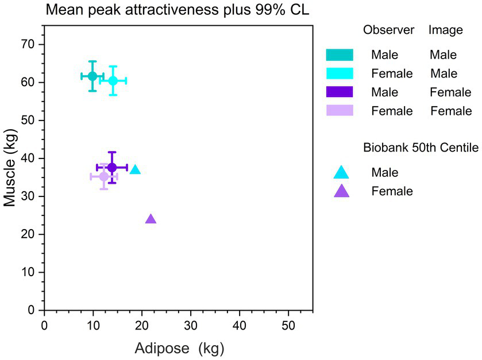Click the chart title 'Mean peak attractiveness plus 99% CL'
[178, 10]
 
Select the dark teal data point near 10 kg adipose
[92, 76]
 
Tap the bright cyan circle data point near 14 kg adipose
[113, 80]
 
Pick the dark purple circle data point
[112, 167]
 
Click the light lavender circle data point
[103, 176]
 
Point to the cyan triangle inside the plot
[135, 169]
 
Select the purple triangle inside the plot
[151, 219]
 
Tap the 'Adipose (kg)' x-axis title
[179, 348]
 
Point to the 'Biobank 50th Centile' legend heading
[421, 148]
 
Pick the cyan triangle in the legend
[341, 172]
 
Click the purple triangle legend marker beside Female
[341, 191]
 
